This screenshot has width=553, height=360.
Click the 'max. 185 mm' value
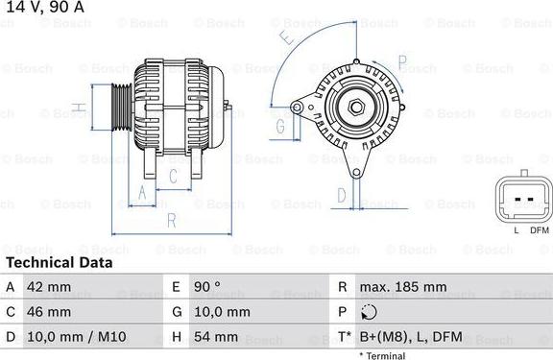[402, 287]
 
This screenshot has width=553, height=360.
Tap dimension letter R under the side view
[171, 222]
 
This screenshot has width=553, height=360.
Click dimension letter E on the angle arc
[285, 39]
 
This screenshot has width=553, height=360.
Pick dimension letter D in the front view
[341, 196]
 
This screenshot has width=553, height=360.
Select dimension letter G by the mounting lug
[281, 125]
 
